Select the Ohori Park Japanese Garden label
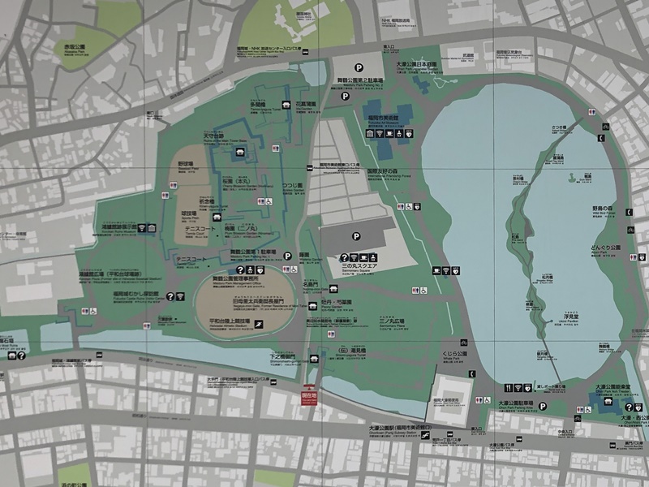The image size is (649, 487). pyautogui.click(x=416, y=65)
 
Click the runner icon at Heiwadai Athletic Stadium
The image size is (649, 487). pyautogui.click(x=257, y=323)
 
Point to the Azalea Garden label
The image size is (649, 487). pyautogui.click(x=291, y=187)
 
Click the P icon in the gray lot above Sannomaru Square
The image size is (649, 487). pyautogui.click(x=355, y=236)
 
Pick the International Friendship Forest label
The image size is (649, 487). pyautogui.click(x=388, y=172)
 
